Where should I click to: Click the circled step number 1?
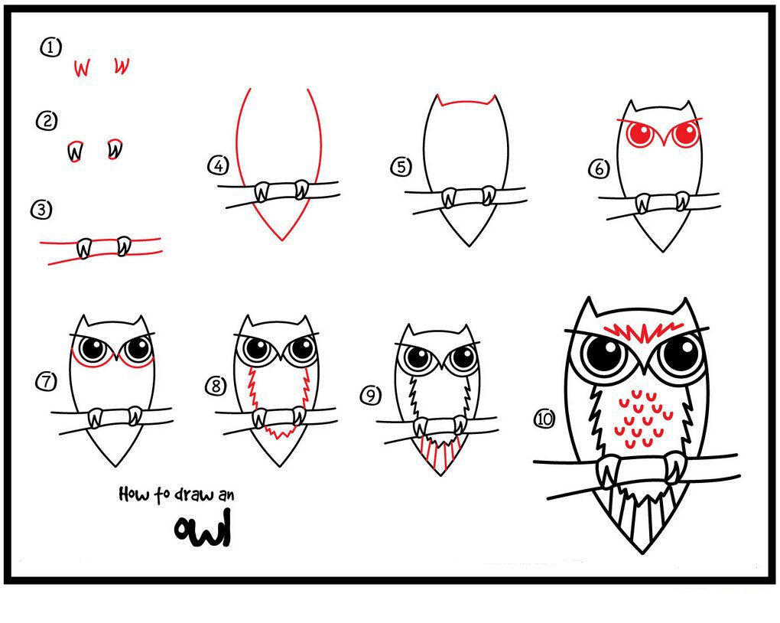pos(50,48)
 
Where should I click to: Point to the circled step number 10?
pos(544,419)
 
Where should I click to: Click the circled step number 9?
pos(370,396)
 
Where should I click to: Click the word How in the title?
pos(134,494)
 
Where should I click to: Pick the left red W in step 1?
pos(82,69)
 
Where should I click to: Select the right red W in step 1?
pos(122,67)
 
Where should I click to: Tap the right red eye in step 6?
pos(685,135)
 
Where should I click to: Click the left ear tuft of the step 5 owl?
pos(441,101)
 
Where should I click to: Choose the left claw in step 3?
pos(84,249)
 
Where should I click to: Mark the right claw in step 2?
pos(115,148)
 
